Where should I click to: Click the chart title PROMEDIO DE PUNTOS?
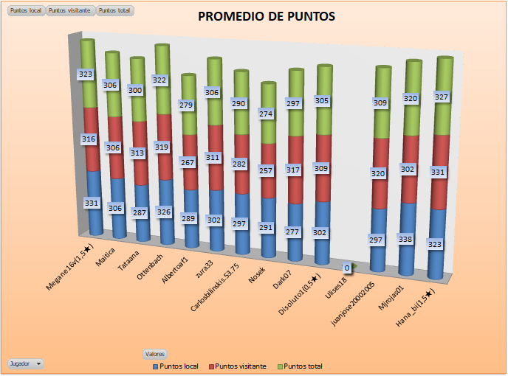click(266, 16)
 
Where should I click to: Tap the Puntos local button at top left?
click(25, 11)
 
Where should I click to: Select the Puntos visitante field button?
click(70, 11)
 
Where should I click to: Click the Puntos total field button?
click(112, 11)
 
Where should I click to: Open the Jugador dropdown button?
click(26, 363)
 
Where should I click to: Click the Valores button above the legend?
click(154, 354)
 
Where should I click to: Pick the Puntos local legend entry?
click(175, 366)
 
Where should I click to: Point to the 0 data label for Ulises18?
click(347, 268)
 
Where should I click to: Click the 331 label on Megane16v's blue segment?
click(92, 203)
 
